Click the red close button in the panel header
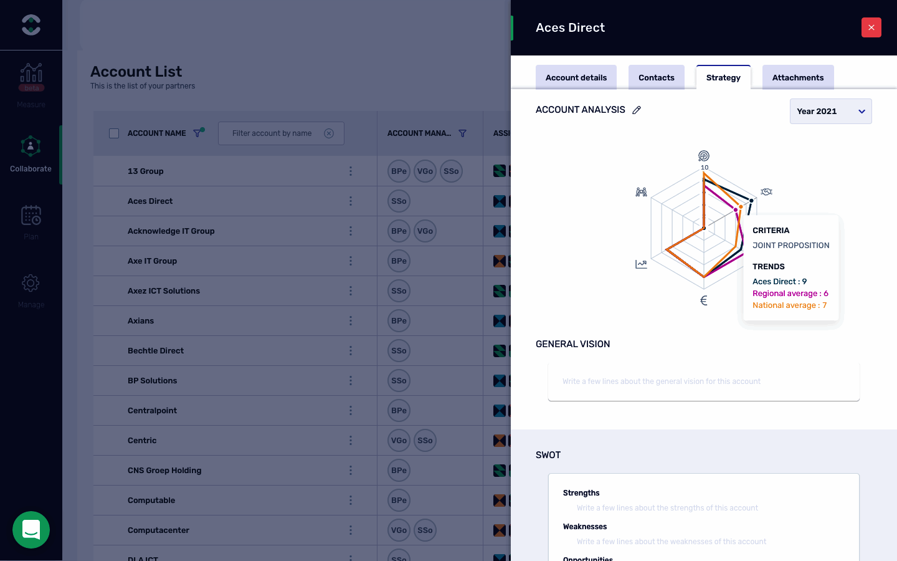coord(871,27)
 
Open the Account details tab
coord(576,78)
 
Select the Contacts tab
coord(656,78)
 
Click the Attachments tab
coord(797,78)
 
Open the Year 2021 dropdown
coord(830,112)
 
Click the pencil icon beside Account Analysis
coord(637,110)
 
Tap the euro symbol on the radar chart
coord(704,300)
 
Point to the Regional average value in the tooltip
coord(790,294)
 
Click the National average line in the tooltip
coord(789,305)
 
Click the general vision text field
coord(703,381)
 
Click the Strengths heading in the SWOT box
coord(581,493)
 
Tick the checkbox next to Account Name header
coord(114,133)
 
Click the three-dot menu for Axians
coord(351,321)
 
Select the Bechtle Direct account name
coord(156,351)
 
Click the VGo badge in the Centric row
coord(399,441)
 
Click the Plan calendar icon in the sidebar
coord(31,216)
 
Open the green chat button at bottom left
coord(31,530)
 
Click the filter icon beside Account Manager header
coord(462,133)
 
